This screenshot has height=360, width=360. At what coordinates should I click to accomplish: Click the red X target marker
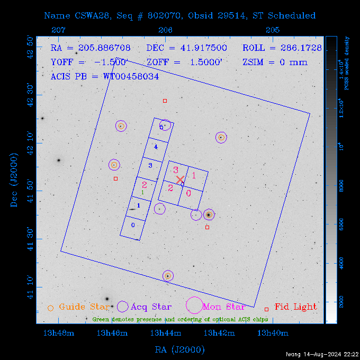[180, 180]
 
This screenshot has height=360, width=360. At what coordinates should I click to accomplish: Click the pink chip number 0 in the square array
[188, 193]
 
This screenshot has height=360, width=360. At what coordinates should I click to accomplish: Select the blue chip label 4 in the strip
[156, 146]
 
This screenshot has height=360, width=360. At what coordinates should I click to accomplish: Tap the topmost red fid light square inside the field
[165, 101]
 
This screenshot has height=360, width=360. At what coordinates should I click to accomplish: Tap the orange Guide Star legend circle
[50, 308]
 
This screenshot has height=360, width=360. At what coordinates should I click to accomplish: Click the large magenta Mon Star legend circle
[194, 305]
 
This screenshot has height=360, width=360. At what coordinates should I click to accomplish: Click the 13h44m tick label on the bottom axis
[166, 333]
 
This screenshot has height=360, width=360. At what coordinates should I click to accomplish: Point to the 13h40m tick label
[273, 333]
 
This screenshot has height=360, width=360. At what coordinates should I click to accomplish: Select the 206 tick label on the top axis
[165, 31]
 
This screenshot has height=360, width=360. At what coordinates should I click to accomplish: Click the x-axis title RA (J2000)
[179, 349]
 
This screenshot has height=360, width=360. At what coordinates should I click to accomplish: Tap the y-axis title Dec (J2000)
[14, 180]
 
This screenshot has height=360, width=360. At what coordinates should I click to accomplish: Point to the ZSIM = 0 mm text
[275, 62]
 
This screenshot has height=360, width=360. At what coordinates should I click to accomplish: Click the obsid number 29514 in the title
[231, 16]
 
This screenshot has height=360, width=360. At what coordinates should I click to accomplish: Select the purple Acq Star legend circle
[123, 306]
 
